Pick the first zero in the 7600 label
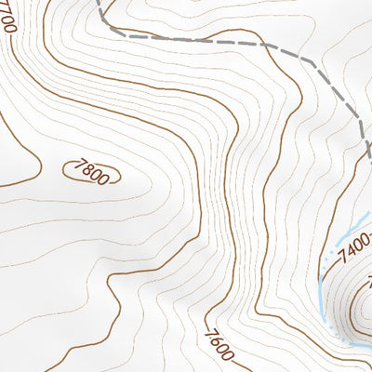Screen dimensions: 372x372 222,351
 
